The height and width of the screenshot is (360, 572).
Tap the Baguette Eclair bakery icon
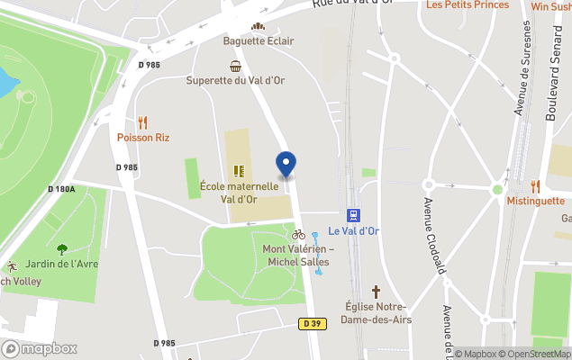[259, 27]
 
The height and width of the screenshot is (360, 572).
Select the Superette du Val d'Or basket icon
[235, 66]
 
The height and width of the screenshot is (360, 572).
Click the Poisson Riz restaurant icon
[142, 122]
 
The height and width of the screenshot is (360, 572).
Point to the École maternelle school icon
[239, 170]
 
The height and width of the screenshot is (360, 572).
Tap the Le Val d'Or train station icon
[354, 215]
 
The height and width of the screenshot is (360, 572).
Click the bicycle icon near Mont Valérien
[298, 234]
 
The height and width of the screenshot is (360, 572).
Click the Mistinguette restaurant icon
[535, 186]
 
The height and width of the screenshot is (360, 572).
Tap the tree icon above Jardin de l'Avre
[62, 249]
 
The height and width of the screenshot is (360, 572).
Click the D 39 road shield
[313, 323]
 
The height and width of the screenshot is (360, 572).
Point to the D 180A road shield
[61, 189]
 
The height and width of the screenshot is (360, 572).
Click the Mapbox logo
[40, 348]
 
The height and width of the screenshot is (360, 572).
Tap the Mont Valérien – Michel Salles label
[298, 255]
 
